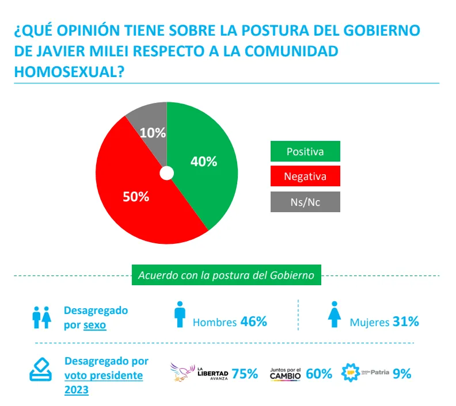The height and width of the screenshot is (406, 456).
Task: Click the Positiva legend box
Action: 305,152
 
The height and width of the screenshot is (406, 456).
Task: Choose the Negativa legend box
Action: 305,177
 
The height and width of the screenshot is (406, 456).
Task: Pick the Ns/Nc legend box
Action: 305,202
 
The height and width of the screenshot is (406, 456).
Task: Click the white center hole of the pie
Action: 166,173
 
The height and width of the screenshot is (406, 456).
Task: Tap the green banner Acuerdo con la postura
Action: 226,275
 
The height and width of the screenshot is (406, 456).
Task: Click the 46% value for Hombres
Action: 253,322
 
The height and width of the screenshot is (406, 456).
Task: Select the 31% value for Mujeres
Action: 405,322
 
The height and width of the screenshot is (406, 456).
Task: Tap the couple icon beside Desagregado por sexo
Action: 42,317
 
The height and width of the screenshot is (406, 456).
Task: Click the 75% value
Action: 245,374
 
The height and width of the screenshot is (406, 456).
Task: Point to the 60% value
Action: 319,374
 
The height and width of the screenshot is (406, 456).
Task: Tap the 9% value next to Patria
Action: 402,373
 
